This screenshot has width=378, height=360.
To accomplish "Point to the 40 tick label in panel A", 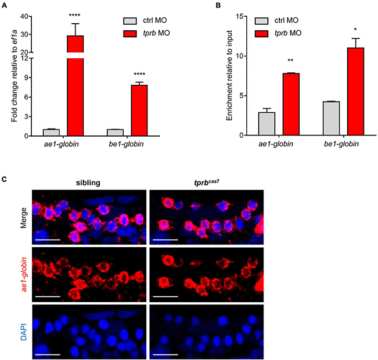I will tap(24, 16).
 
